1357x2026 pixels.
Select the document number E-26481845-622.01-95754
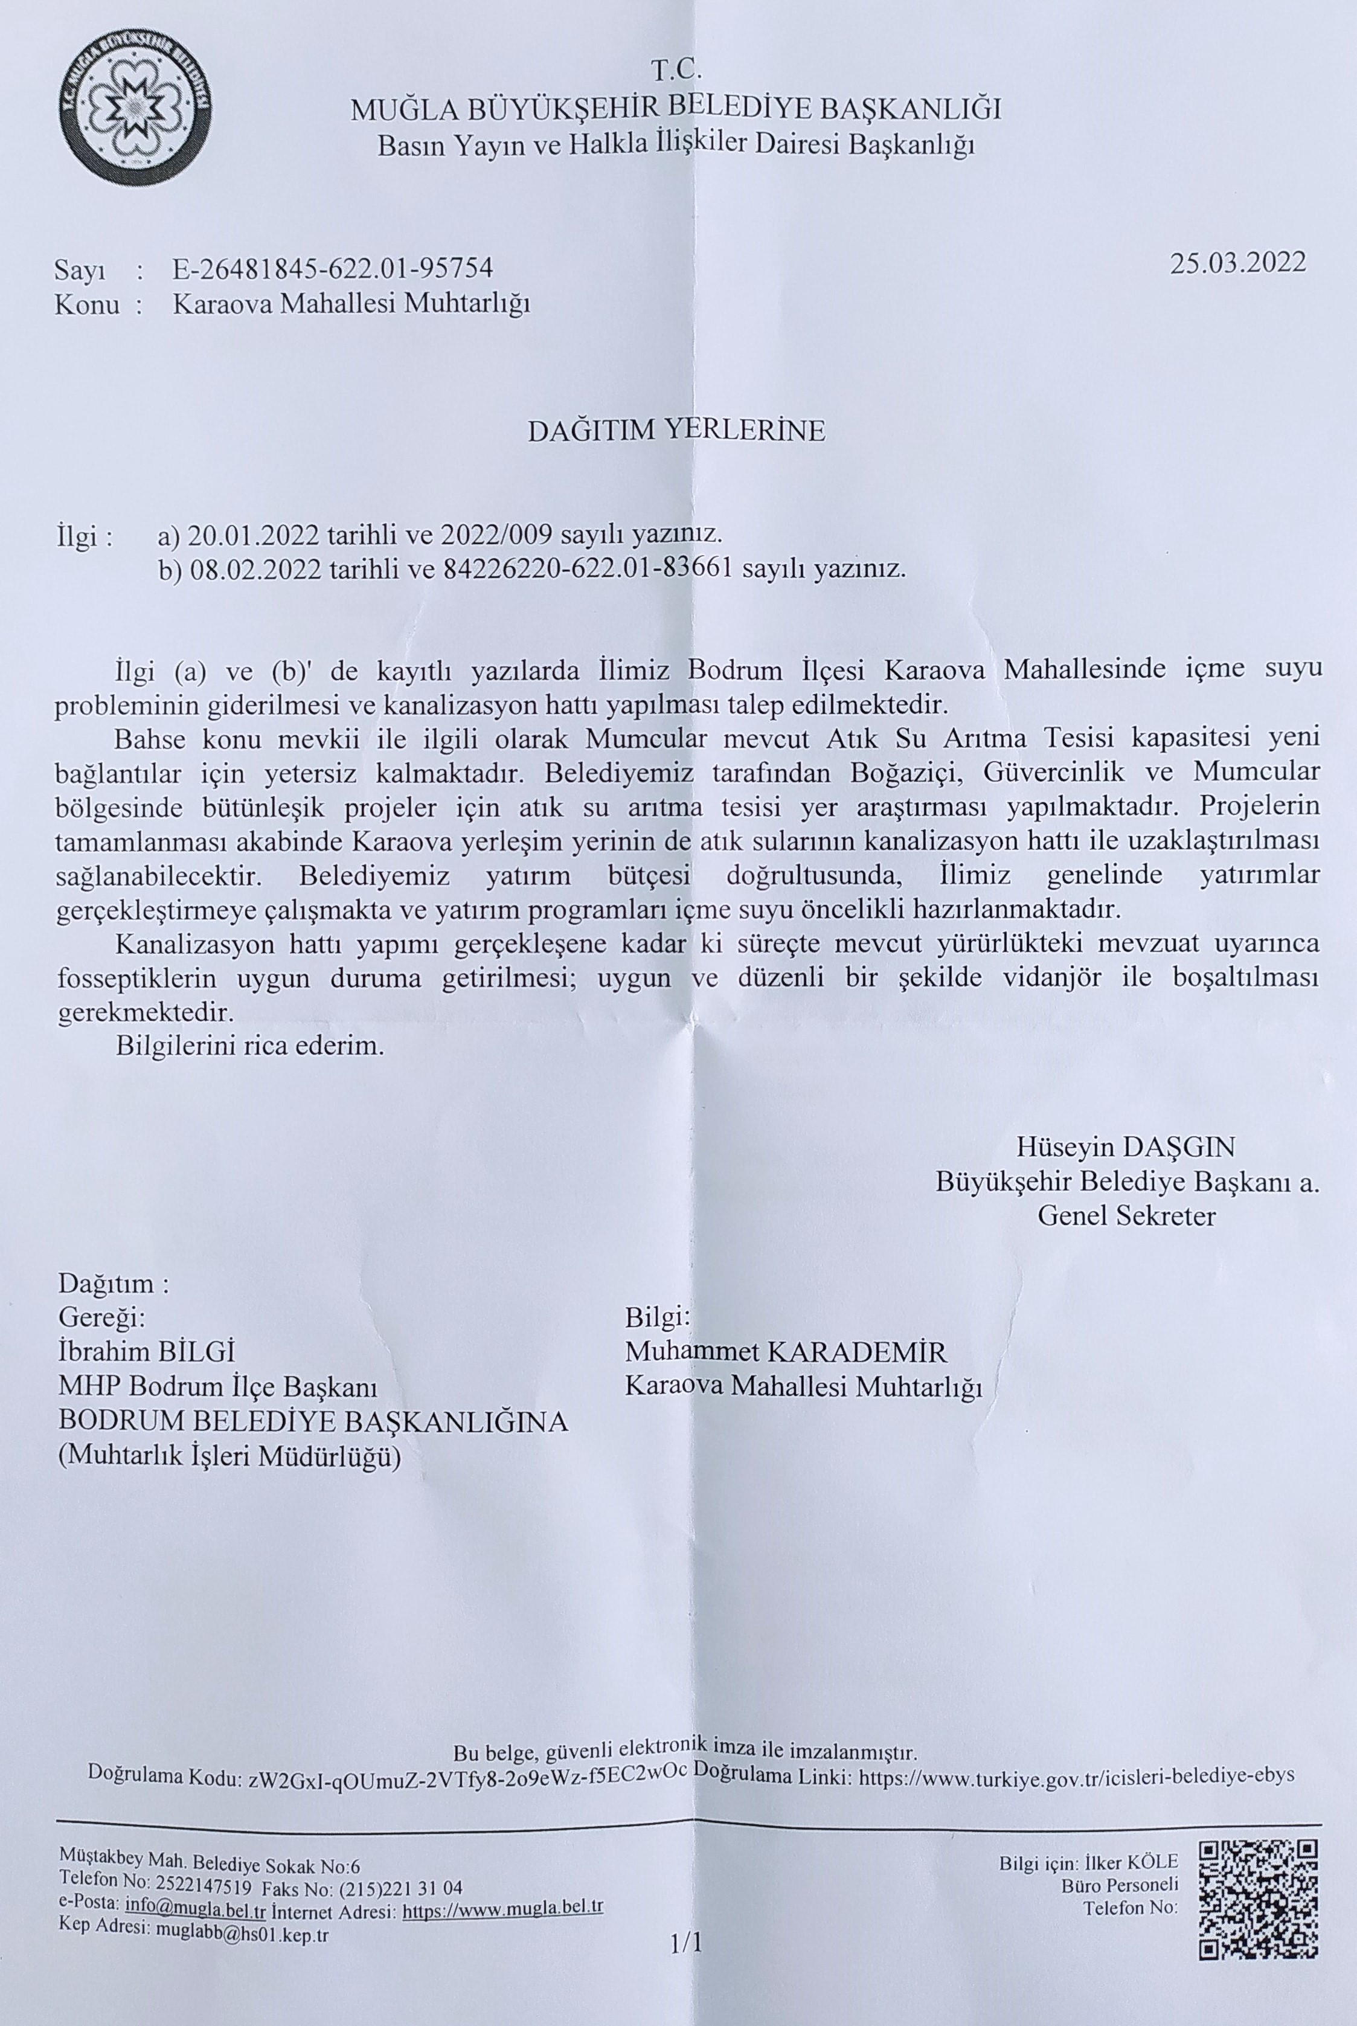pyautogui.click(x=333, y=268)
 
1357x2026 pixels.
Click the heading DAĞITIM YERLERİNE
pyautogui.click(x=677, y=431)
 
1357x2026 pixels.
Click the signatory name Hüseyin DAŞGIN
pyautogui.click(x=1125, y=1148)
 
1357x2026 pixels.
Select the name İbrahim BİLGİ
pyautogui.click(x=147, y=1352)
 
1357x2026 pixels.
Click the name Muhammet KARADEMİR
pyautogui.click(x=786, y=1352)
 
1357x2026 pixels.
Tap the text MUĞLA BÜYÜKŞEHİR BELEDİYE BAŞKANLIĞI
pyautogui.click(x=675, y=110)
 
